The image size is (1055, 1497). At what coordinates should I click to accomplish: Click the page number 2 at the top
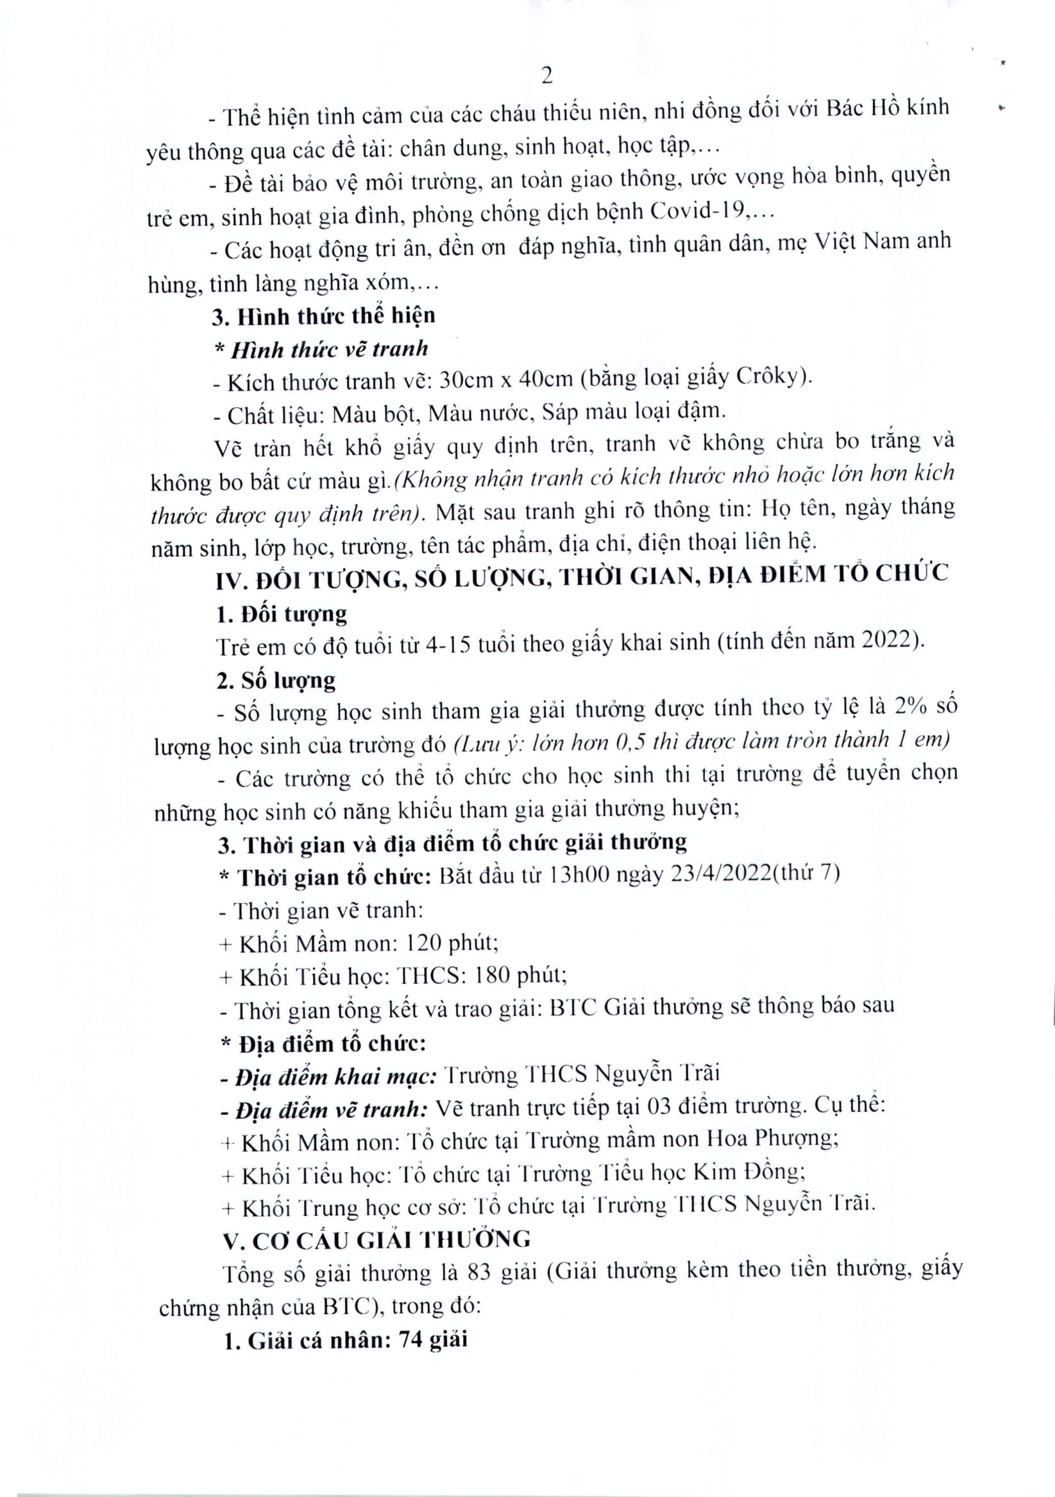click(547, 76)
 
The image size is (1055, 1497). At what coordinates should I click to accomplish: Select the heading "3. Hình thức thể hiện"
click(323, 316)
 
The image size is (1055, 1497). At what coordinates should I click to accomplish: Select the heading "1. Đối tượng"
click(282, 614)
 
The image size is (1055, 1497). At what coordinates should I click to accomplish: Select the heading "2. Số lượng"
click(276, 680)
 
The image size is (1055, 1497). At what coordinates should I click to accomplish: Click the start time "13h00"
click(579, 874)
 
